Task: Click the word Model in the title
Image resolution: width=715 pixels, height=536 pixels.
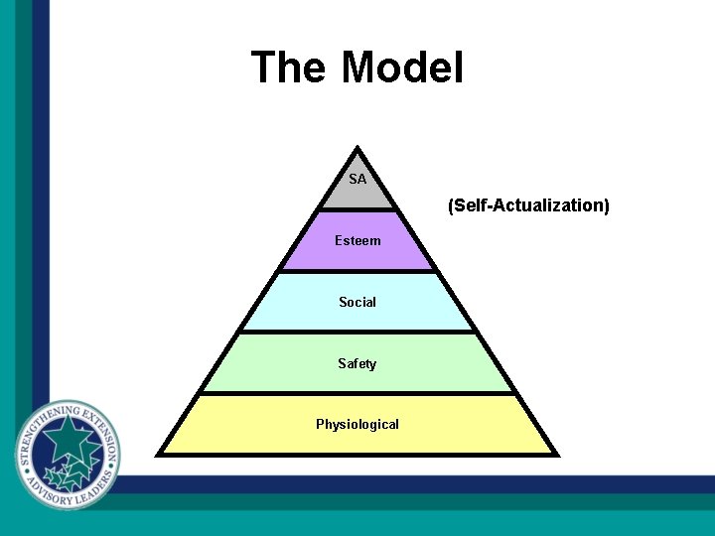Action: click(x=402, y=68)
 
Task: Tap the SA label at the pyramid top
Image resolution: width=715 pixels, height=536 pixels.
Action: click(x=357, y=180)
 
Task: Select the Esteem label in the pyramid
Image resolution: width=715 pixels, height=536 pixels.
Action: click(x=357, y=240)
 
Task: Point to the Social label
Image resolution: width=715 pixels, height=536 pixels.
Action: click(x=357, y=302)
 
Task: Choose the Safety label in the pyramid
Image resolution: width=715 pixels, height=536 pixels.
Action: click(x=357, y=363)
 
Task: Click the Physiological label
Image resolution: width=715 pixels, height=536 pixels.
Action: click(x=357, y=424)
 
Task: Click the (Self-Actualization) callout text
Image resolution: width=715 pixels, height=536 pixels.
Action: click(x=528, y=205)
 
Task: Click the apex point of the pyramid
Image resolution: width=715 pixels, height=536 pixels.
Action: click(x=357, y=150)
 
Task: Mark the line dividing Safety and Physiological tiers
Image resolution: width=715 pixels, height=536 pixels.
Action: click(x=357, y=393)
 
